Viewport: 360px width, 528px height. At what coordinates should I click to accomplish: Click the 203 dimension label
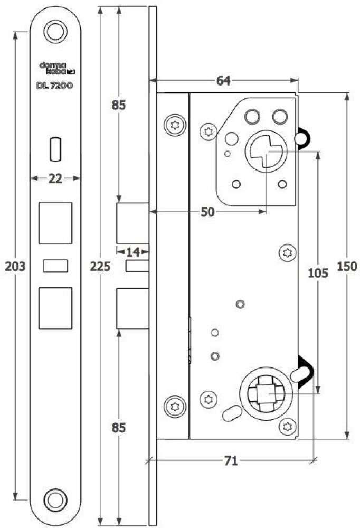coord(15,266)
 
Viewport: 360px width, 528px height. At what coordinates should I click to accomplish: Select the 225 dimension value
coord(100,266)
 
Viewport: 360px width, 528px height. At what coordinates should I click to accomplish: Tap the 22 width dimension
coord(55,178)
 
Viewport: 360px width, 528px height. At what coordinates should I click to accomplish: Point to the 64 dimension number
coord(224,80)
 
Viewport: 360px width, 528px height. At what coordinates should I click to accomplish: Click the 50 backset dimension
coord(207,212)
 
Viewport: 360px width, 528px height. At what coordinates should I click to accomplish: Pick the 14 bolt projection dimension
coord(133,251)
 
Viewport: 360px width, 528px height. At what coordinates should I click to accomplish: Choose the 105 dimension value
coord(318,273)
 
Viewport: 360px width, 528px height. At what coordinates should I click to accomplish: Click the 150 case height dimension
coord(347,266)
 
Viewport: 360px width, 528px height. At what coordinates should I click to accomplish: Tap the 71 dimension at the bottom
coord(231,460)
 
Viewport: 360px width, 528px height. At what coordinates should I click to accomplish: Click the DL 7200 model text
coord(54,86)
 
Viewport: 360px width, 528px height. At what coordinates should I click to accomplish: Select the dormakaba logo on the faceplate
coord(57,68)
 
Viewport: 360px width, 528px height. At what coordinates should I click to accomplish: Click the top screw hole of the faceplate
coord(55,32)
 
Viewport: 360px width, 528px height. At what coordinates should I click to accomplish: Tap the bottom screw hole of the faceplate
coord(55,500)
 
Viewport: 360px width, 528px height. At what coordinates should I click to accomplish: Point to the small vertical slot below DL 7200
coord(55,149)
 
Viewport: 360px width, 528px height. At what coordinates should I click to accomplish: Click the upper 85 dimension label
coord(119,106)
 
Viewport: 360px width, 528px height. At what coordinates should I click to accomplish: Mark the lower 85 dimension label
coord(119,428)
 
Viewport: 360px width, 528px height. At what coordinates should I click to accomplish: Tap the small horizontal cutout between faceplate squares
coord(55,266)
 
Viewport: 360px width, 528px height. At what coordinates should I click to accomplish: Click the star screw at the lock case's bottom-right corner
coord(288,427)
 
